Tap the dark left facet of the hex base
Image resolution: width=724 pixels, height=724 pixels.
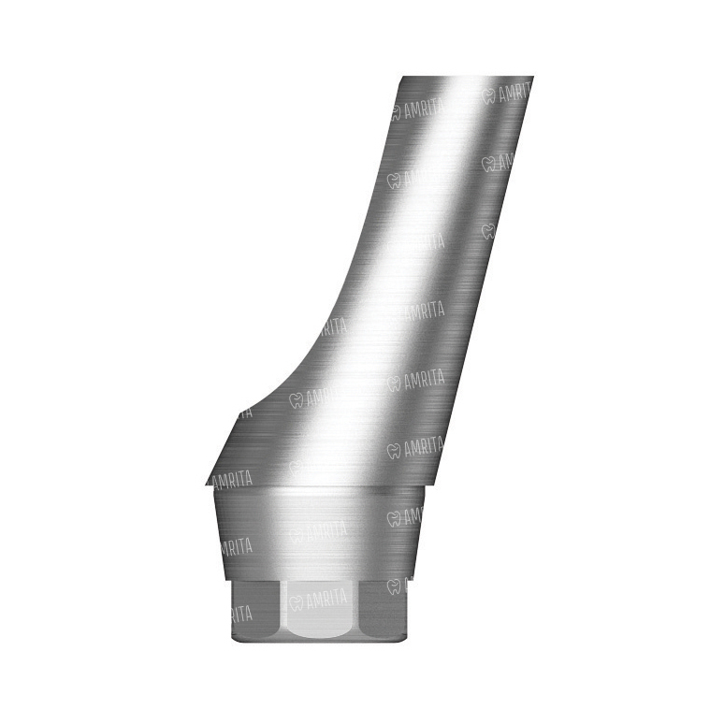click(256, 611)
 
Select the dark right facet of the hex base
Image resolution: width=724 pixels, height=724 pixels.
click(384, 610)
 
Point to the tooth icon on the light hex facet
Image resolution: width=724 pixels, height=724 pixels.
click(296, 602)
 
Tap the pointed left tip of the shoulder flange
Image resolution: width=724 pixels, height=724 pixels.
click(206, 485)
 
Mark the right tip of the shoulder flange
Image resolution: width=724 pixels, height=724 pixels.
click(434, 485)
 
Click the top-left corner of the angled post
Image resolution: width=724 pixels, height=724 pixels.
click(403, 77)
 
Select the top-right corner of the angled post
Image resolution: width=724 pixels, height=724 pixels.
click(533, 77)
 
